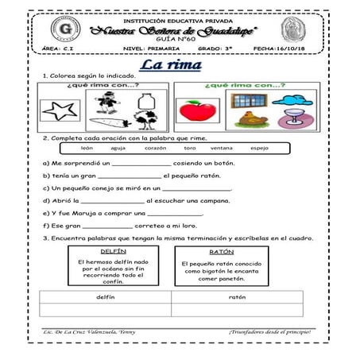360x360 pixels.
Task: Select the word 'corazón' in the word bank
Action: (154, 148)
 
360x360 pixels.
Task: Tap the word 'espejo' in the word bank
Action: (259, 148)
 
